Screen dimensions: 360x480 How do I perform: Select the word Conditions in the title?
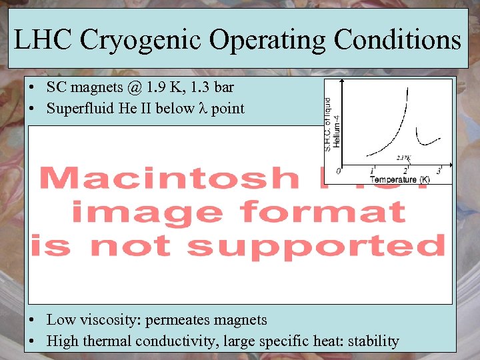(x=397, y=41)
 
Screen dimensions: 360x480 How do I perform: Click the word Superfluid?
(x=75, y=108)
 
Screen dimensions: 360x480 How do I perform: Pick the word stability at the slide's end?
(x=371, y=341)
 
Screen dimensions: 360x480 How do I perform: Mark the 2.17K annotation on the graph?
(x=403, y=158)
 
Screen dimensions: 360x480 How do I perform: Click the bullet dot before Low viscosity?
(x=32, y=321)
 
